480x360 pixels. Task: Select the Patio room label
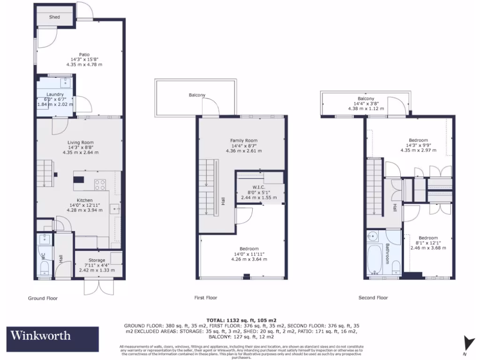[86, 54]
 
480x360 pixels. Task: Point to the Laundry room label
[55, 94]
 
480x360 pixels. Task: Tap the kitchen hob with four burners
[100, 185]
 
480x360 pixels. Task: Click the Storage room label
[97, 260]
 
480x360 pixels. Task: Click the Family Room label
[244, 141]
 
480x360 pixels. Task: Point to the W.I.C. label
[259, 187]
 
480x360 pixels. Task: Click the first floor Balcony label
[197, 95]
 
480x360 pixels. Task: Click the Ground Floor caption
[43, 298]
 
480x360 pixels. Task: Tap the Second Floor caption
[373, 298]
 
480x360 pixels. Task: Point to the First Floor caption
[206, 298]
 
